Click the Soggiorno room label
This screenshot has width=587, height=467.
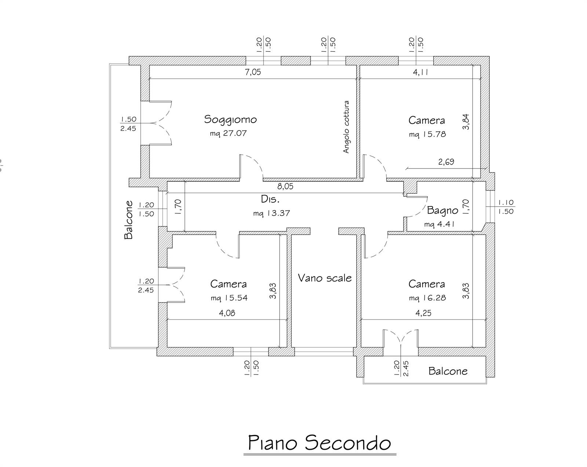tap(230, 119)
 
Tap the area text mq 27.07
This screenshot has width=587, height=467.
tap(228, 133)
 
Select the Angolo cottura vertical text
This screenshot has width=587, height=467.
tap(346, 127)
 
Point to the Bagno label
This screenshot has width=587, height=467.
tap(443, 210)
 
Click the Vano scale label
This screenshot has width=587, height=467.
tap(325, 278)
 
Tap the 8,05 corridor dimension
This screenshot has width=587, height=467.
tap(285, 187)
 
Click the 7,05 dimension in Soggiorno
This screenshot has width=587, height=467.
tap(253, 72)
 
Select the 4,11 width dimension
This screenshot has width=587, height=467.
tap(420, 72)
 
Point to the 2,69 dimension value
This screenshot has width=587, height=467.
tap(446, 162)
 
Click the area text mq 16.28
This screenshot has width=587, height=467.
tap(427, 298)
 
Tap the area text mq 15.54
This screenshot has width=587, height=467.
tap(229, 298)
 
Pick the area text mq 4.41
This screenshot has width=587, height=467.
tap(439, 224)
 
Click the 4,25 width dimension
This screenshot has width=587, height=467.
tap(423, 313)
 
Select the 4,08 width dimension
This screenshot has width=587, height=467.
tap(227, 313)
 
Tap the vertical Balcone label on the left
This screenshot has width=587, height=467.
tap(128, 220)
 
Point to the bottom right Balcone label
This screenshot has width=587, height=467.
tap(448, 371)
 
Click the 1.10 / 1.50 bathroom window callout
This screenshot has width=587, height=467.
tap(506, 207)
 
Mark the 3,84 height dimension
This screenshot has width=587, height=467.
tap(466, 122)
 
